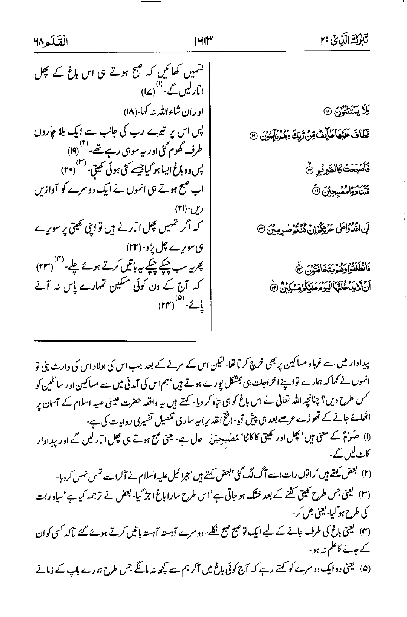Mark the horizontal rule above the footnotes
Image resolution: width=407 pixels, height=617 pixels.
(115, 340)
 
